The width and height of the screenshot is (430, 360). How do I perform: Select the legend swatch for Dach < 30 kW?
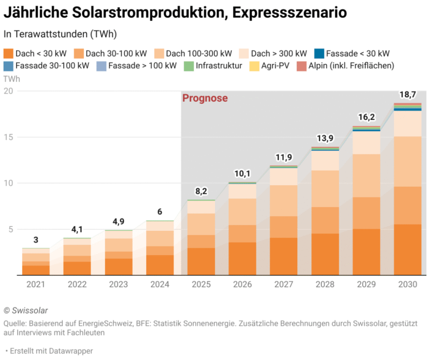[x=9, y=53]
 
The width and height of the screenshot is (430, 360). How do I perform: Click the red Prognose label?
[x=205, y=98]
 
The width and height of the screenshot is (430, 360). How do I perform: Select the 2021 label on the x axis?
[x=36, y=284]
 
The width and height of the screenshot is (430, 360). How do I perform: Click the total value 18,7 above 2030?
[x=407, y=95]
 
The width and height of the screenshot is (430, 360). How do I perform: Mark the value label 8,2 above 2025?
[x=200, y=192]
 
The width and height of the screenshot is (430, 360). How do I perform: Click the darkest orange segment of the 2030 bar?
[x=407, y=250]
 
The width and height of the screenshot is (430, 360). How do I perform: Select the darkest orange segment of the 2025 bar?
[x=200, y=262]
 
